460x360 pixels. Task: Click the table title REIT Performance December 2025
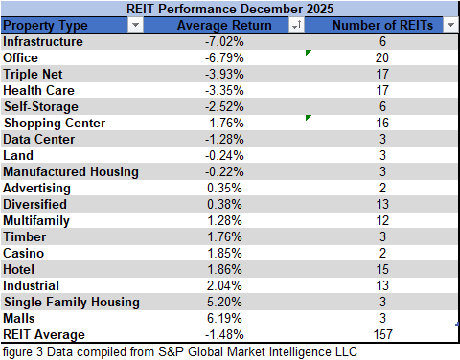[230, 9]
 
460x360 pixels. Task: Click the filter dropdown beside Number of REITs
[449, 26]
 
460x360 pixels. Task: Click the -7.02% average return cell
[224, 42]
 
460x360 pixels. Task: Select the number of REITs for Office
[382, 58]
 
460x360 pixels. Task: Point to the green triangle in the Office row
[309, 53]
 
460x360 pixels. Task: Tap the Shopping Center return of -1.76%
[224, 124]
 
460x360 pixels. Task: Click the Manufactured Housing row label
[71, 172]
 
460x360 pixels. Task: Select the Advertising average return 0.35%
[224, 189]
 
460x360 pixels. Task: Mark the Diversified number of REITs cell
[382, 205]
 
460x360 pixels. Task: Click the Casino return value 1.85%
[224, 254]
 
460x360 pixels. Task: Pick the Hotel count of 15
[382, 270]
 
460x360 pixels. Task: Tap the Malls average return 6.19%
[224, 319]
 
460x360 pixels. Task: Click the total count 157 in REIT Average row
[382, 335]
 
